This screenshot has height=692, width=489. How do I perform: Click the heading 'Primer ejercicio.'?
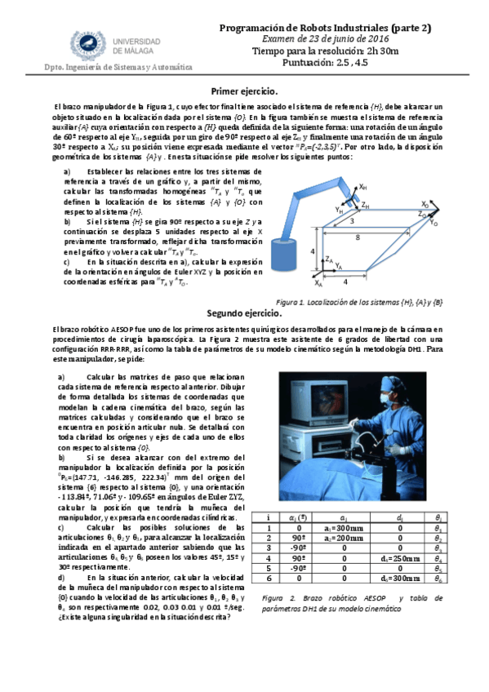tap(244, 91)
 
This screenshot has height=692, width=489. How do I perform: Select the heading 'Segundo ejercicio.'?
tap(244, 313)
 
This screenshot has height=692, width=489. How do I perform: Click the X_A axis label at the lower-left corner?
tap(318, 286)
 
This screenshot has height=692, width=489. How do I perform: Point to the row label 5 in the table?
tap(268, 569)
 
